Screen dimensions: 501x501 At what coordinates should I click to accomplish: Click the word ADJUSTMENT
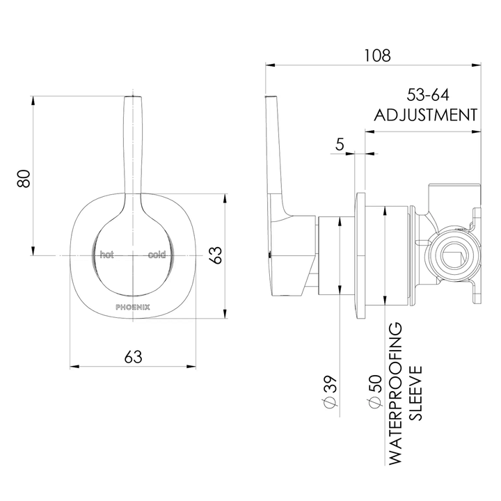426,115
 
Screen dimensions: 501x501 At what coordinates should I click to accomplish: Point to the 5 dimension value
340,144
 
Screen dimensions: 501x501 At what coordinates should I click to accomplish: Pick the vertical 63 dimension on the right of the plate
216,255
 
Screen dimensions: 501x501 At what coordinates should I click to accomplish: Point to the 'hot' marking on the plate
106,255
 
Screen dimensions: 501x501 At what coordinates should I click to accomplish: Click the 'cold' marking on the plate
157,255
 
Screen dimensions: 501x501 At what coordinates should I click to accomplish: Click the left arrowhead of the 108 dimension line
268,65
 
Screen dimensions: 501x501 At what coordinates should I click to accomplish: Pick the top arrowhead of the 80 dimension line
33,98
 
